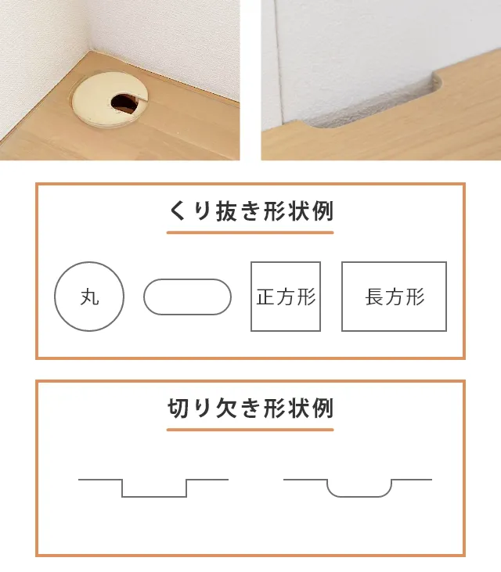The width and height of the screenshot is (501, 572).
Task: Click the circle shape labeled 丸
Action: pos(55,297)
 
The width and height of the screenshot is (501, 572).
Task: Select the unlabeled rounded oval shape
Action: pos(187,279)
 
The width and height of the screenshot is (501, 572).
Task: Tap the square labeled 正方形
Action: pos(251,297)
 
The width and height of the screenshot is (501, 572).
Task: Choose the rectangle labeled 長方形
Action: pos(342,297)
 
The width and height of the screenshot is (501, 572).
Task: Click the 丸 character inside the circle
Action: pos(90,297)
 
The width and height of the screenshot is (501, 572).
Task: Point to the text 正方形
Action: pos(286,297)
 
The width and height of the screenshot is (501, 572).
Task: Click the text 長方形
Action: pos(395,297)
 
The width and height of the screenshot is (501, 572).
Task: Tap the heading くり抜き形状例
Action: pos(250,210)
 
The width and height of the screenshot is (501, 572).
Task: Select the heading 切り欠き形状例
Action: pos(250,408)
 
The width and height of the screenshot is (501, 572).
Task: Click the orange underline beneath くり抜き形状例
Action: pos(250,232)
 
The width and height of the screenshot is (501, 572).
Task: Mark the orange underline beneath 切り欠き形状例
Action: pos(250,430)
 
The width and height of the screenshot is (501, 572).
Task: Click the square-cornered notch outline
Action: pos(154,496)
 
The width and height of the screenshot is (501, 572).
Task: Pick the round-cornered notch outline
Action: pos(359,496)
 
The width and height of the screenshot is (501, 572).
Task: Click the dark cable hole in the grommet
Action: pos(124,103)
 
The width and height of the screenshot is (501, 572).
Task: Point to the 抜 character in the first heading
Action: pos(226,210)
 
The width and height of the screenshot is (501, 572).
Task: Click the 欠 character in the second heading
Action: pos(226,408)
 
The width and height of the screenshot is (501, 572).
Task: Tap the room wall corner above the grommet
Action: pos(88,50)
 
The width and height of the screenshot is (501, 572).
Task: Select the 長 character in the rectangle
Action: pos(375,297)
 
